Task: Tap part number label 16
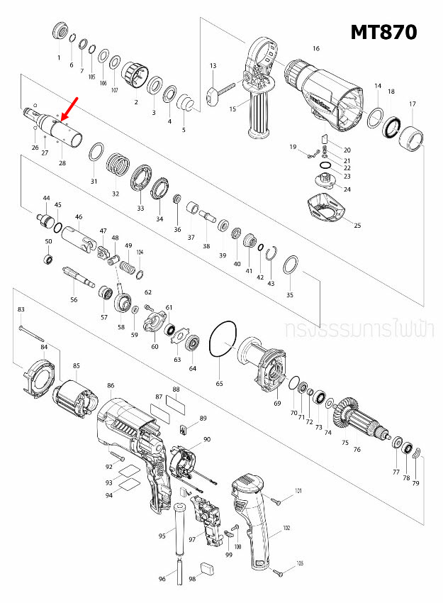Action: (316, 48)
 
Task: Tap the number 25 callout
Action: (357, 226)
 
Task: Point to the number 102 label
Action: (286, 527)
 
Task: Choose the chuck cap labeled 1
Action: (60, 33)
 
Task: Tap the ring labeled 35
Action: (290, 267)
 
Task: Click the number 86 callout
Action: (111, 386)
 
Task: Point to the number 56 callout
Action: (74, 300)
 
